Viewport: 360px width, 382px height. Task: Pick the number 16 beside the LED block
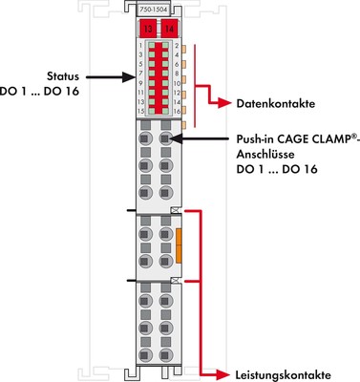point(177,112)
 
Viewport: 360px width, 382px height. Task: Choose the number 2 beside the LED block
point(177,45)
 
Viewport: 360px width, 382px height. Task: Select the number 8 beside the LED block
point(177,74)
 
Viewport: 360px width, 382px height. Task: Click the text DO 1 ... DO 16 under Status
point(49,92)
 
